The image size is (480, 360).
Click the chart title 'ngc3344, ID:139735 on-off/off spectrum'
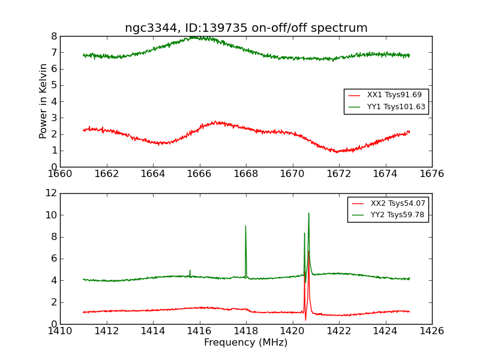[x=246, y=28]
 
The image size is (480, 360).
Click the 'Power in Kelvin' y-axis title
[x=43, y=101]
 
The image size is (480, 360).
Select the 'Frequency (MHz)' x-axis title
[x=246, y=343]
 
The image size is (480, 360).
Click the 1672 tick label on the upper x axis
[x=338, y=173]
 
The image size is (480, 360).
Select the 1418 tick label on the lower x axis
[x=245, y=331]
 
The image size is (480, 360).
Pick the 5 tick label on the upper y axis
[x=54, y=85]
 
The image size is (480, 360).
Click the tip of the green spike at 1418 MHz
[x=245, y=226]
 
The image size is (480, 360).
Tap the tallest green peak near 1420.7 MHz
[x=308, y=213]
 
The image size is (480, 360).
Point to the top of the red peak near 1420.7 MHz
[x=308, y=251]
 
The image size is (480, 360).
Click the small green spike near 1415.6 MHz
[x=190, y=271]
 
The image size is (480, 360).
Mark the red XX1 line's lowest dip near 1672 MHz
[x=337, y=152]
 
